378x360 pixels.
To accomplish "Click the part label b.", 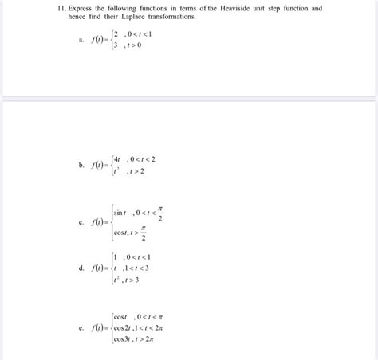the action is coord(81,165).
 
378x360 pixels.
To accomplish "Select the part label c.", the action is coord(81,223).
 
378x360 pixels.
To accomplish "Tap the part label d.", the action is coord(81,268).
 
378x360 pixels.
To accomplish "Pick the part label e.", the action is coord(81,327).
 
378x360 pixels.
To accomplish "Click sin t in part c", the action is coord(120,213).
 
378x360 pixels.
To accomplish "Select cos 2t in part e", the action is coord(123,327).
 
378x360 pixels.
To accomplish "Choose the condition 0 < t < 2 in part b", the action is coord(142,158).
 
